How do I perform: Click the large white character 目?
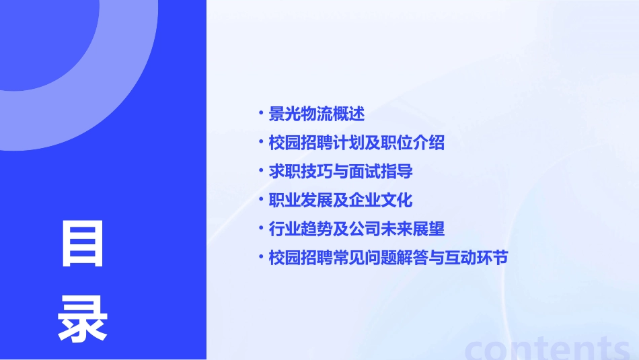[83, 244]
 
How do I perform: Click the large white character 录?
[83, 318]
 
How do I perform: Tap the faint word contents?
[548, 346]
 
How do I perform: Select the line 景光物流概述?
[316, 114]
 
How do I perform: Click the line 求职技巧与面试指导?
[340, 172]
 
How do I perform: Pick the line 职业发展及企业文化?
[340, 201]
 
